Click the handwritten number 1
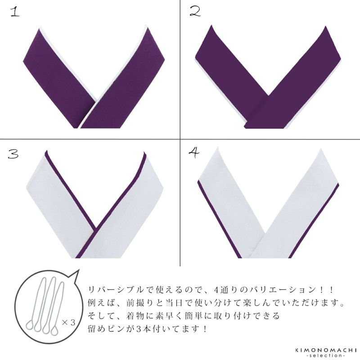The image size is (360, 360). (x=15, y=12)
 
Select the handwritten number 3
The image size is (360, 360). (x=13, y=153)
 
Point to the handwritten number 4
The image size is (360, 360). (x=194, y=153)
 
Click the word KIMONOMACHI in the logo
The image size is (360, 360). (x=325, y=350)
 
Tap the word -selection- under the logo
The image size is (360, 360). (x=325, y=355)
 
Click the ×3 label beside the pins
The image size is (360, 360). (x=69, y=323)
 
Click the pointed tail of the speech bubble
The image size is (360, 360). (x=79, y=270)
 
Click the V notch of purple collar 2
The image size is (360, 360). (x=268, y=95)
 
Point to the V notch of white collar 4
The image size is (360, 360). (x=266, y=233)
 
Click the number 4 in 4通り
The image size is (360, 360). (x=216, y=290)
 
